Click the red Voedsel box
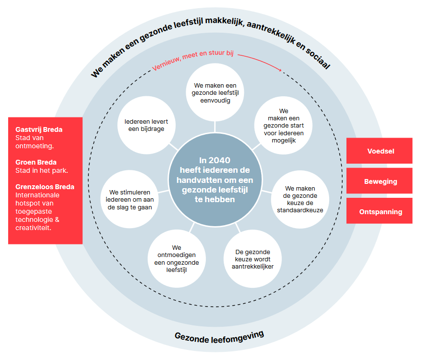(379, 151)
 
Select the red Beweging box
(379, 181)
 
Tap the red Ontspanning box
(379, 211)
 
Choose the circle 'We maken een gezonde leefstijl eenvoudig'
(215, 93)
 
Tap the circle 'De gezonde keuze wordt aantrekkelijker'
(253, 259)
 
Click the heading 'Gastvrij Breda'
(39, 129)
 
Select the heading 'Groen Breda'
(36, 162)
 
